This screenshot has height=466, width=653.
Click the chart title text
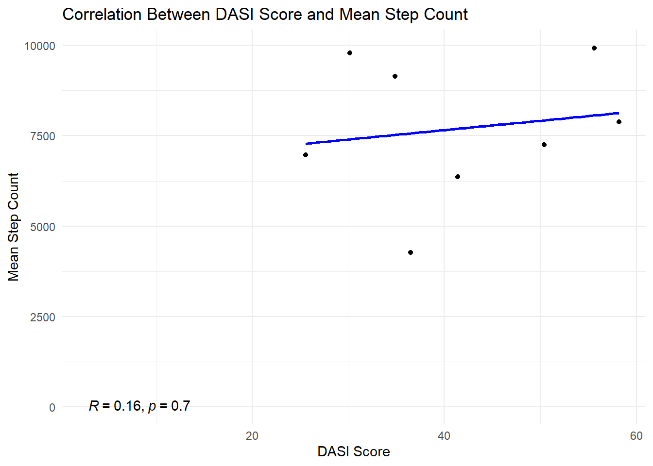pos(265,15)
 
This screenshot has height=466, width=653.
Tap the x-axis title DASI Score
pos(353,451)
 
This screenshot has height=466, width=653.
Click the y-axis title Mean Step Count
pos(14,227)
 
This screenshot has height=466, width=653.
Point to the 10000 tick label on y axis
pos(40,46)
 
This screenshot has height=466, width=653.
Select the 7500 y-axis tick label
pos(43,136)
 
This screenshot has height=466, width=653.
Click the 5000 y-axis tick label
pos(43,227)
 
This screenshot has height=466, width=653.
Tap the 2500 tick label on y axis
pos(43,317)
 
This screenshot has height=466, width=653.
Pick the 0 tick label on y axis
pos(52,408)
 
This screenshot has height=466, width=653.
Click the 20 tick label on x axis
pos(252,436)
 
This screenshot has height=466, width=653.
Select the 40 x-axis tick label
pos(444,436)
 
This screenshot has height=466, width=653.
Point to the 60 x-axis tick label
pos(636,436)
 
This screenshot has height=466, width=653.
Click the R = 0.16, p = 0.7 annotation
pos(139,406)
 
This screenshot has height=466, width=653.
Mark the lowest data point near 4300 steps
pos(411,252)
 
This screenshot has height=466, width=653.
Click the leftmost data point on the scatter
pos(306,155)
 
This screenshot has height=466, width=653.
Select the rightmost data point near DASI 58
pos(619,122)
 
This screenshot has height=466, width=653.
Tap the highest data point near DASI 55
pos(594,48)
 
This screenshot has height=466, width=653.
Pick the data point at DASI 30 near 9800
pos(350,53)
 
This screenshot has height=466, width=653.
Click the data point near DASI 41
pos(458,177)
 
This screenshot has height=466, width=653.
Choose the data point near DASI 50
pos(544,145)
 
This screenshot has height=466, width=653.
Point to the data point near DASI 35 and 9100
pos(395,76)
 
